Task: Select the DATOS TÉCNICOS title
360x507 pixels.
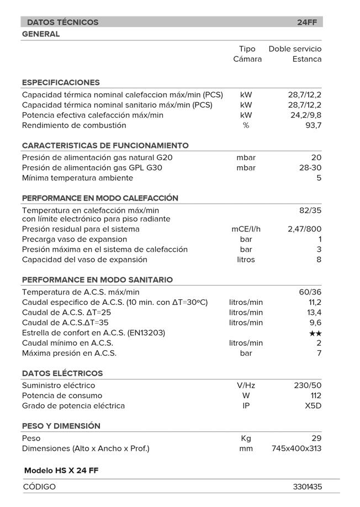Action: coord(62,23)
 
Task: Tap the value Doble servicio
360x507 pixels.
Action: coord(295,49)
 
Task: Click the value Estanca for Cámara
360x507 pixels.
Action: coord(307,59)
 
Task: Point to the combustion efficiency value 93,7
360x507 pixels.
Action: coord(313,125)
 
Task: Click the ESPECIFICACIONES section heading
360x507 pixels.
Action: coord(61,82)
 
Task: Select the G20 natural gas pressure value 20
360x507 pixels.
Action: coord(316,158)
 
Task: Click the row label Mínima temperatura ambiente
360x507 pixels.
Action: coord(77,178)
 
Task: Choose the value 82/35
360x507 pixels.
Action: coord(309,210)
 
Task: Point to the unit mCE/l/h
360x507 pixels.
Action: coord(246,229)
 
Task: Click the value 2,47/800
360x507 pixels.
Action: coord(305,229)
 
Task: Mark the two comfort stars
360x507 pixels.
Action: coord(315,333)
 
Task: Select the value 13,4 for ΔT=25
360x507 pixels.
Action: coord(315,313)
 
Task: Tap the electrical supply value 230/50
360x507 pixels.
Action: coord(308,385)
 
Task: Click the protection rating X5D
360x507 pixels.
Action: coord(313,406)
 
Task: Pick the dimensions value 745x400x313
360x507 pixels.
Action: coord(297,448)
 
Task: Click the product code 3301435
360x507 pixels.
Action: coord(307,487)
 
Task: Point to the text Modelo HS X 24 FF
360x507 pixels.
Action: coord(61,470)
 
